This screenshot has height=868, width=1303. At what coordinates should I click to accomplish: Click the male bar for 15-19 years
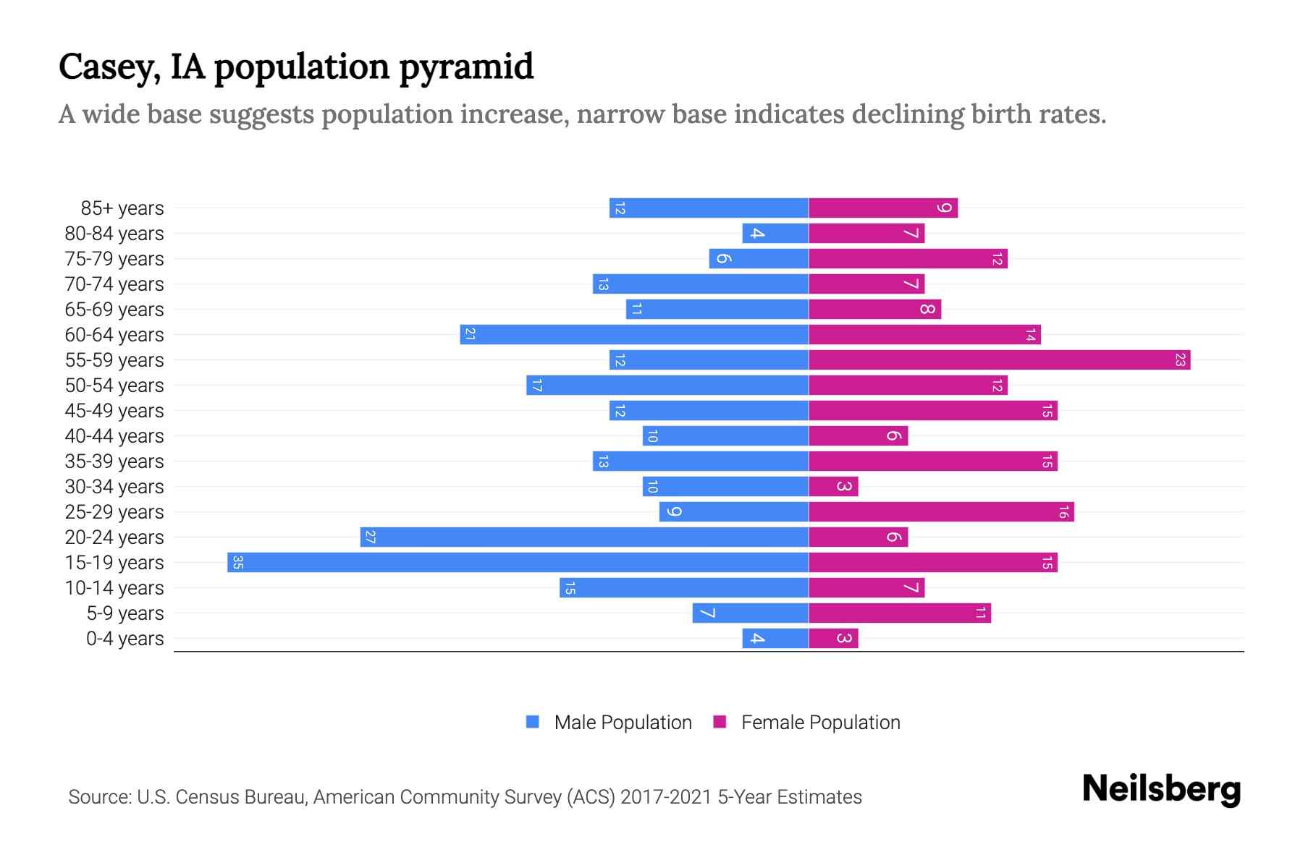(x=518, y=563)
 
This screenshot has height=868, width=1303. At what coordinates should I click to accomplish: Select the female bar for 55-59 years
(x=999, y=360)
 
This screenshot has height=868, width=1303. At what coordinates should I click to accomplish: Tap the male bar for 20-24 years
(x=584, y=537)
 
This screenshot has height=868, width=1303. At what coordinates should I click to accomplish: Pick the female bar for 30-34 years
(x=833, y=487)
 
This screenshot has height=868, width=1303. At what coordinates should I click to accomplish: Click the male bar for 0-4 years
(x=775, y=639)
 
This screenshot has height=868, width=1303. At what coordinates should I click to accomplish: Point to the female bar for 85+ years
(x=883, y=208)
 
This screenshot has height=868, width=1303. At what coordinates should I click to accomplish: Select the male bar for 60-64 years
(x=634, y=335)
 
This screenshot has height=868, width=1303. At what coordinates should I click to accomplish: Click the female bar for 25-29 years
(x=941, y=512)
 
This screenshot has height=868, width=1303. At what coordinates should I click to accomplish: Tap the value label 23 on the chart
(x=1180, y=360)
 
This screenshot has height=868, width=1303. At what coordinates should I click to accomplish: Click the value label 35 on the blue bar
(x=237, y=563)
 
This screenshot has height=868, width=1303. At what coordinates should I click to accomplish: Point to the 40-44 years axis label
(x=114, y=436)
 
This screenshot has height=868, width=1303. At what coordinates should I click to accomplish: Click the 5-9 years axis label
(x=125, y=613)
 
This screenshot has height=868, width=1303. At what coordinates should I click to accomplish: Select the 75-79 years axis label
(x=114, y=259)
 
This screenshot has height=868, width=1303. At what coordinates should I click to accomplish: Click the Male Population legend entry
(x=609, y=723)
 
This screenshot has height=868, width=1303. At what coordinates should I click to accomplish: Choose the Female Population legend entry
(x=806, y=723)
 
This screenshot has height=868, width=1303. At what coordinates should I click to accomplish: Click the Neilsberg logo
(x=1161, y=789)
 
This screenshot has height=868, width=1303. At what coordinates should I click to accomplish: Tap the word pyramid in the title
(x=466, y=67)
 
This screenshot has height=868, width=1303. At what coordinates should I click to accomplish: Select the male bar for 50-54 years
(x=667, y=386)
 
